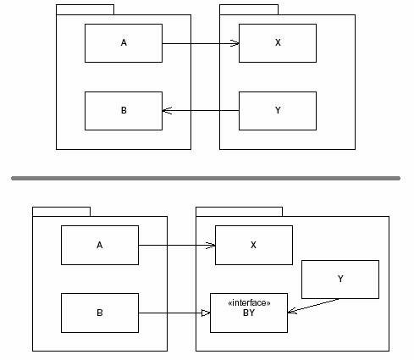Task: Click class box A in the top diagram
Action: pos(124,43)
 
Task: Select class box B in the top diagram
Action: pos(124,111)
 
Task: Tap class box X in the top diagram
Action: pos(278,43)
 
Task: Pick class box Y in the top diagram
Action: pos(278,111)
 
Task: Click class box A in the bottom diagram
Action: pos(100,245)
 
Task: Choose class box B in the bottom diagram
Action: pos(100,313)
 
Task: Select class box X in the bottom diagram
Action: pos(254,245)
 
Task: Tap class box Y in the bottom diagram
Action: pos(340,280)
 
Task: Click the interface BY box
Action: pos(249,313)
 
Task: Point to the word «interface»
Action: pos(249,303)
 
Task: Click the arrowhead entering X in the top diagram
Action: pos(235,43)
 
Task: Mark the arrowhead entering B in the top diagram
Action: pos(167,111)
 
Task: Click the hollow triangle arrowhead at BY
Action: pos(206,313)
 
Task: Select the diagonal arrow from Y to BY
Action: pos(313,306)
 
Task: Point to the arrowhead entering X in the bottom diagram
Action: pos(211,245)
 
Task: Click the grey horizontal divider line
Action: pos(206,178)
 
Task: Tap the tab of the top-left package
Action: pos(85,9)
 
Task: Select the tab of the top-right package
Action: pos(249,9)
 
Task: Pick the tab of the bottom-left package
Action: pos(61,212)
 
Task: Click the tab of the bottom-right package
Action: pos(239,212)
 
